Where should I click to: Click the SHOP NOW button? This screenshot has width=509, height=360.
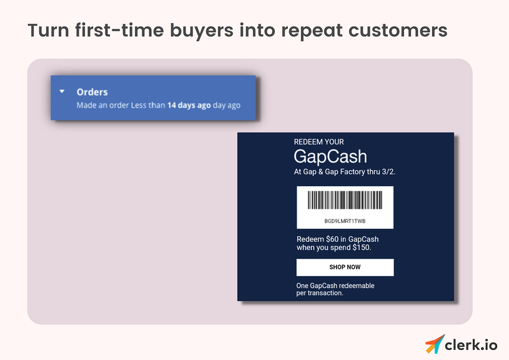point(345,267)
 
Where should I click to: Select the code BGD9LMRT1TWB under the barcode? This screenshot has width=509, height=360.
point(345,221)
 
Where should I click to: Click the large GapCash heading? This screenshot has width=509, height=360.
point(330,156)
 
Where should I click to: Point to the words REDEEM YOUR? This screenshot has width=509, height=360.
point(319,142)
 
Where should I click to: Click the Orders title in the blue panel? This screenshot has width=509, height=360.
point(92,92)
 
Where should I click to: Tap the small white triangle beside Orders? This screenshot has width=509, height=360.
point(62,91)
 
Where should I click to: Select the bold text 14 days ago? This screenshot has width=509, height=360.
point(189,106)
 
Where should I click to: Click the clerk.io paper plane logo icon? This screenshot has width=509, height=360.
point(435,344)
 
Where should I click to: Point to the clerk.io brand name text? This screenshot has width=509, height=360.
point(472,344)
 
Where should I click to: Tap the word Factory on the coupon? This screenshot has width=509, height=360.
point(357,172)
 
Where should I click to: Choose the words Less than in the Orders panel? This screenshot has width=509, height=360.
point(147,106)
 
